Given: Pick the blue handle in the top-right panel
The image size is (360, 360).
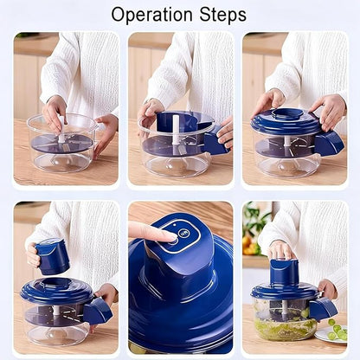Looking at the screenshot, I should click(x=329, y=144).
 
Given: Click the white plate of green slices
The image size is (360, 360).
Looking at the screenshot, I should click(x=333, y=333).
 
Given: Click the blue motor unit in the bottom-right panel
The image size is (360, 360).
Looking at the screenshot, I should click(x=285, y=273).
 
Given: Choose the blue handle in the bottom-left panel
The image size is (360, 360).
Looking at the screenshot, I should click(x=97, y=311).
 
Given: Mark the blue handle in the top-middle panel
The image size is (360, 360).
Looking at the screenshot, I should click(x=214, y=143).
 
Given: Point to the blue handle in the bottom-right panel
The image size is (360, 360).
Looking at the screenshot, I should click(x=325, y=308).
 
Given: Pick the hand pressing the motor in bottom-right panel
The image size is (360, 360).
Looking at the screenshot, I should click(x=281, y=250).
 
